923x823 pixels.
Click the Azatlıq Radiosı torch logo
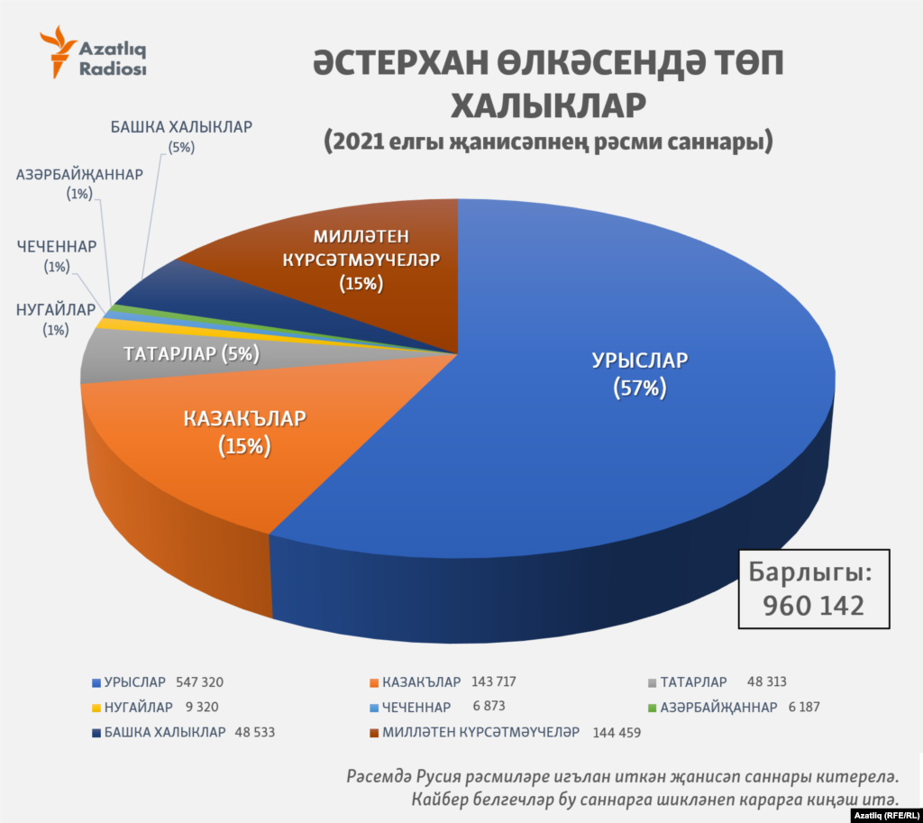58,53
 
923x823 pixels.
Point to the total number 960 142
813,605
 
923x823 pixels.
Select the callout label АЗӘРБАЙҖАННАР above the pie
79,175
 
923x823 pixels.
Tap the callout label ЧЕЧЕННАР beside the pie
56,245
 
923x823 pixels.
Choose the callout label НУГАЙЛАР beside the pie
55,310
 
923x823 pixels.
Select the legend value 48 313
768,682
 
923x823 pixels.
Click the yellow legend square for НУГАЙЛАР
96,708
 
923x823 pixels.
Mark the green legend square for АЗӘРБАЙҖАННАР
653,708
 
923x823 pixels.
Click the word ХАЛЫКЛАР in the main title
548,105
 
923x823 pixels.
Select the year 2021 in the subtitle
357,142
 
